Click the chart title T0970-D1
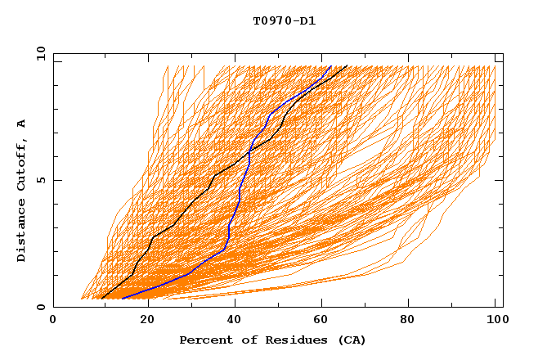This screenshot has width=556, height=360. [285, 20]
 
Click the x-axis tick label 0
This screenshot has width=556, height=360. [53, 320]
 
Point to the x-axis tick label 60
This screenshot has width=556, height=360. [325, 320]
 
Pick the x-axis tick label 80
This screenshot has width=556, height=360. [413, 320]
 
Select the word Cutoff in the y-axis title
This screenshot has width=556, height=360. [22, 164]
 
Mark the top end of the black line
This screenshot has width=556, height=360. [347, 65]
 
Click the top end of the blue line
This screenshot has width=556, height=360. [331, 65]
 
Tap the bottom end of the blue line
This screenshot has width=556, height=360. [121, 299]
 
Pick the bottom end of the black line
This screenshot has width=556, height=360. [102, 299]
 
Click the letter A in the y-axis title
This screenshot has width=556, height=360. [22, 124]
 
